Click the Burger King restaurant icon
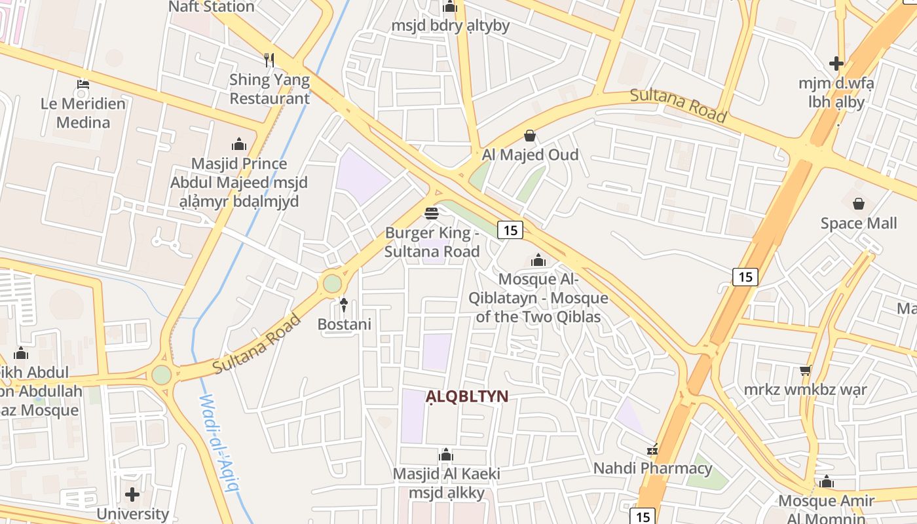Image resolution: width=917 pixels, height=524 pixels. (431, 213)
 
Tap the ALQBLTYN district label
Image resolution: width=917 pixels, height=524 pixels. (467, 396)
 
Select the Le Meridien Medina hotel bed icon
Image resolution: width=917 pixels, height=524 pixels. (83, 84)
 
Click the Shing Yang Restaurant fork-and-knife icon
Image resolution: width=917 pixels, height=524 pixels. (269, 60)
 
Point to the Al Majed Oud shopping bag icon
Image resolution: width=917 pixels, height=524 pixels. (530, 136)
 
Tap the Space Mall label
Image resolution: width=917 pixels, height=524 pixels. (859, 223)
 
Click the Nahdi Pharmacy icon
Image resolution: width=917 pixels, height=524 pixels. (652, 450)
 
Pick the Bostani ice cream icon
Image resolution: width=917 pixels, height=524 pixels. (344, 305)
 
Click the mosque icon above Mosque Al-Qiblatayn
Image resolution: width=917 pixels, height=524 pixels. (538, 261)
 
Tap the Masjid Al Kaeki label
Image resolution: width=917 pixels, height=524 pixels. (446, 474)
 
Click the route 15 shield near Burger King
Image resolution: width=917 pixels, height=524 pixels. (510, 230)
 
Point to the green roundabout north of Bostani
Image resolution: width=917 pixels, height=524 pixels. (332, 284)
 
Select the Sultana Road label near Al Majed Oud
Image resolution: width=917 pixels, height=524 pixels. (678, 105)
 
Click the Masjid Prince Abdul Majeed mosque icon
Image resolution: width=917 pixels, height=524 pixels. (239, 144)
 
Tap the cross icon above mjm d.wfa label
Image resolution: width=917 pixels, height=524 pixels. (836, 64)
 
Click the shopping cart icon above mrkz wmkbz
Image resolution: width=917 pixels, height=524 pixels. (805, 371)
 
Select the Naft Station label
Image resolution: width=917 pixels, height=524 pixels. (212, 7)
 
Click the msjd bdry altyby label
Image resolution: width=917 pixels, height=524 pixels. (450, 26)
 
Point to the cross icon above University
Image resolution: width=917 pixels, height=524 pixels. (132, 495)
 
